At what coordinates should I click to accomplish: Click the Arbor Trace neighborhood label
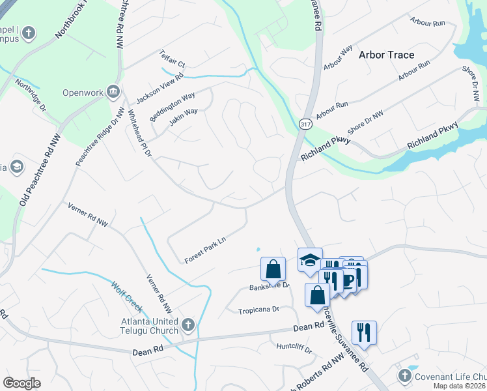pyautogui.click(x=386, y=55)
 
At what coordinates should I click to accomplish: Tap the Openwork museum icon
pyautogui.click(x=114, y=92)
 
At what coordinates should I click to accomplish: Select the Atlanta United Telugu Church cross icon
pyautogui.click(x=188, y=325)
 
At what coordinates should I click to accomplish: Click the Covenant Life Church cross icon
pyautogui.click(x=404, y=376)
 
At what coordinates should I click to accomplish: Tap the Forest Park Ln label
pyautogui.click(x=204, y=244)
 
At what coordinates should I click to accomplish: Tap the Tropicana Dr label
pyautogui.click(x=258, y=310)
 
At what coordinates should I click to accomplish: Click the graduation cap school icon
pyautogui.click(x=310, y=259)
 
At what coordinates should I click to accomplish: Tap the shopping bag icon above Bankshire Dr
pyautogui.click(x=273, y=268)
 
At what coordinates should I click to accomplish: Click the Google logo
pyautogui.click(x=21, y=383)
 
